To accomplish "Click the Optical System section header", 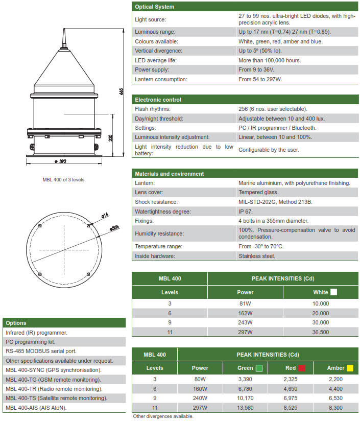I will (154, 7).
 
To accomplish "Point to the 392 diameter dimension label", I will (60, 161).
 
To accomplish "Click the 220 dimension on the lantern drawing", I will (111, 138).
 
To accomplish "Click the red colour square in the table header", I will (301, 368).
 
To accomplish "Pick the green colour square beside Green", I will (259, 368).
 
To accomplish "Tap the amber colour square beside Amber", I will (350, 368).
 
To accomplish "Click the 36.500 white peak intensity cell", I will (321, 332).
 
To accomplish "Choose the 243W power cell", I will (245, 322).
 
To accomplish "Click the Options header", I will (16, 323).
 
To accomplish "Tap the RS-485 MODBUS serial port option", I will (41, 351).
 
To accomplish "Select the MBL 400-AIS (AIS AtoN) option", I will (36, 408).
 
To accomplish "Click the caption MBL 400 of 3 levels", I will (64, 179).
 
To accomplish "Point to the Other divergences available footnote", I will (163, 416).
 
